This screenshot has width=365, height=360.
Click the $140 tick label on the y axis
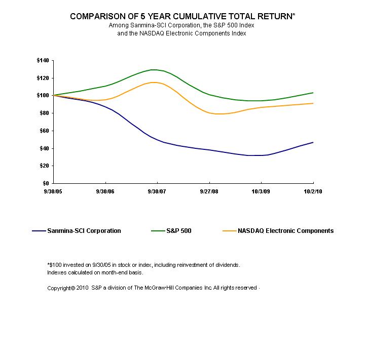click(43, 61)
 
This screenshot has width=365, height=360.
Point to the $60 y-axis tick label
click(44, 131)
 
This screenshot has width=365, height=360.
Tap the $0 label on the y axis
click(46, 183)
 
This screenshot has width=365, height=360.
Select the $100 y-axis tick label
click(43, 96)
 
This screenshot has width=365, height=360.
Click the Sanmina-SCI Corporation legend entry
click(83, 231)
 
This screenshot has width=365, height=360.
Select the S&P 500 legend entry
click(178, 231)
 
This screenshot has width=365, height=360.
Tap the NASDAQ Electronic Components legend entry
click(285, 231)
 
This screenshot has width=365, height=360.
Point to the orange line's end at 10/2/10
click(313, 103)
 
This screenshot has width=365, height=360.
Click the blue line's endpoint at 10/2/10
click(313, 142)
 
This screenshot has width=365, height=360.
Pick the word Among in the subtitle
click(118, 25)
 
